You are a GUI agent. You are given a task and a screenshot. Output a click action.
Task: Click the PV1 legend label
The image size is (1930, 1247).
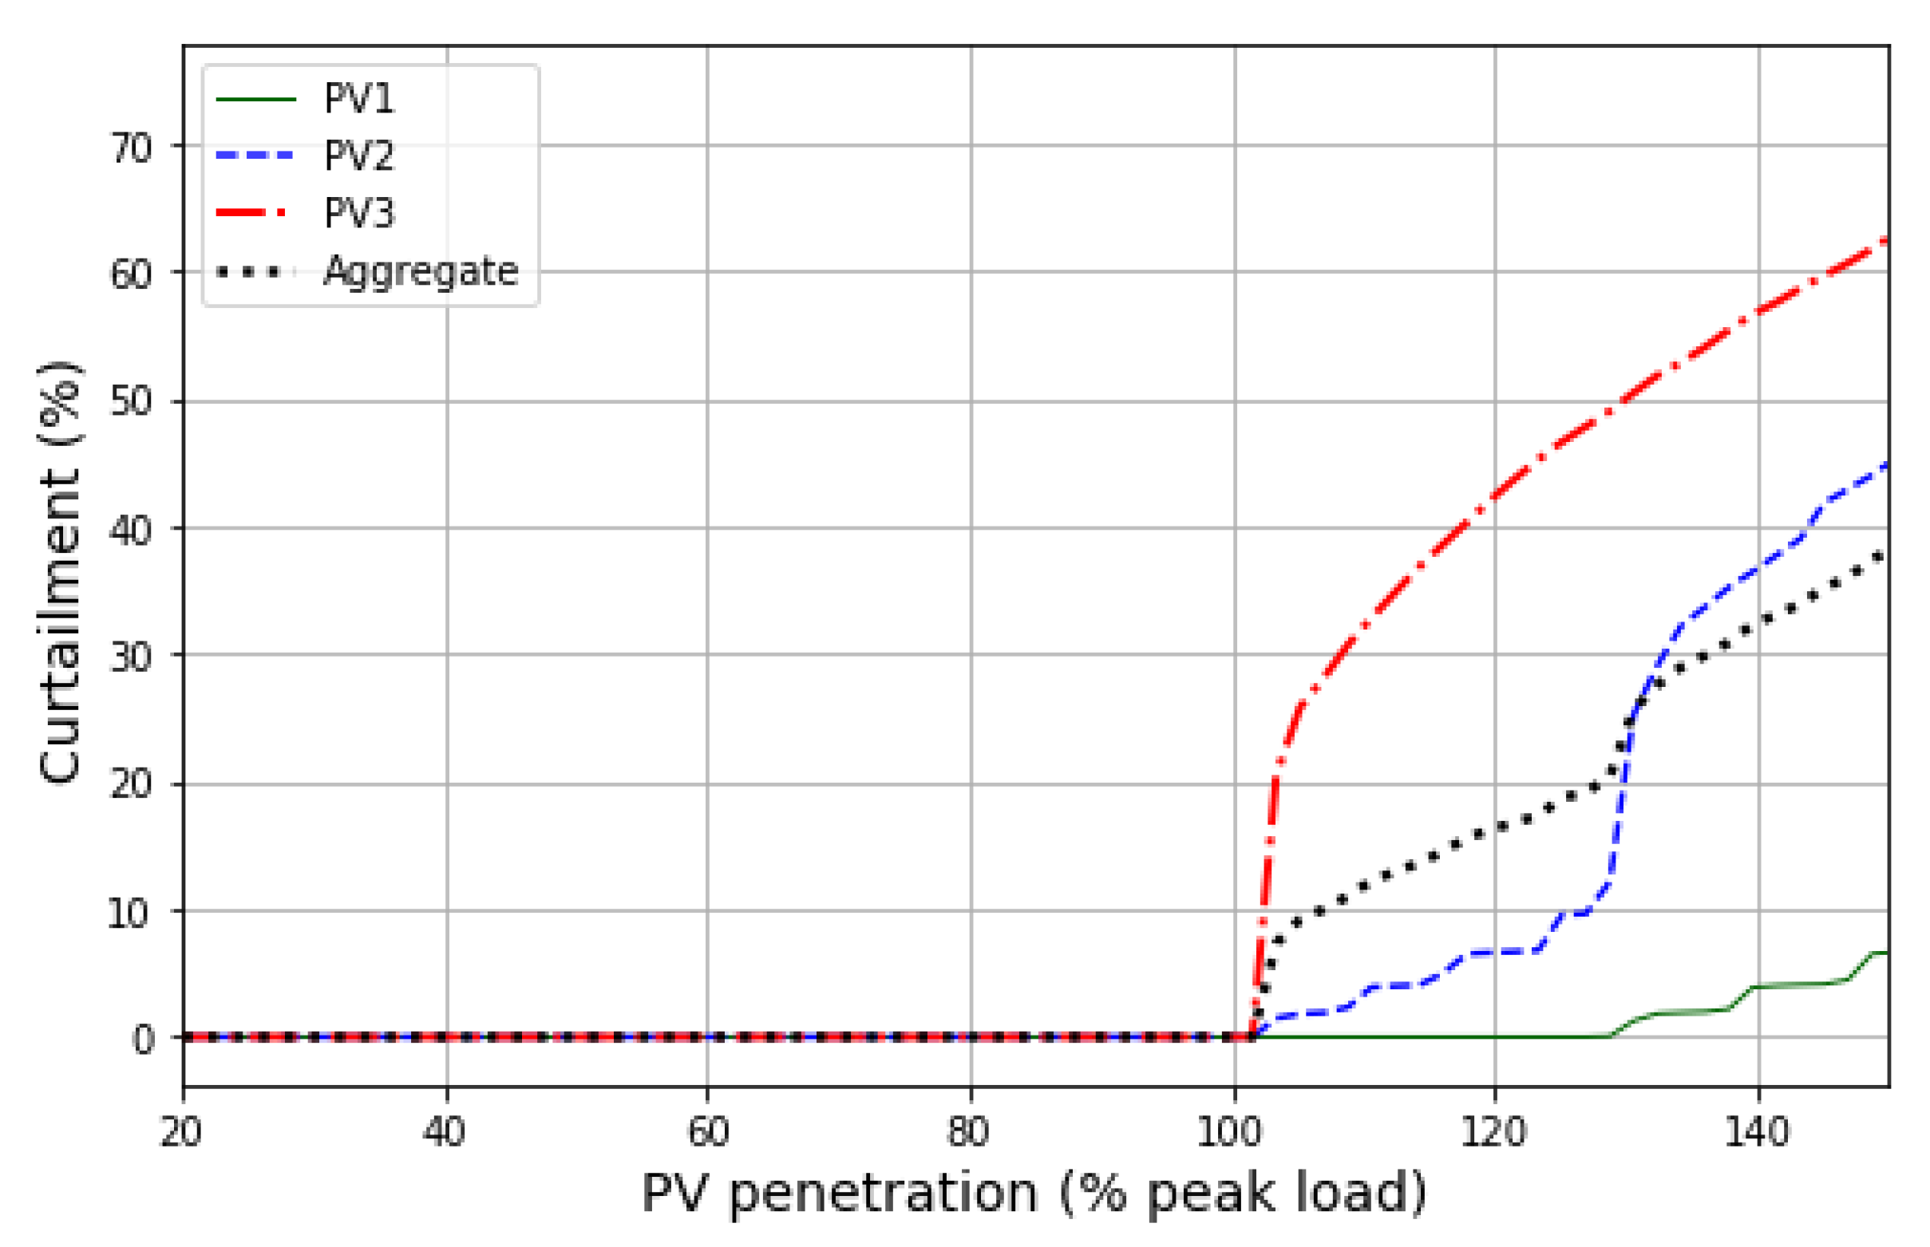click(359, 99)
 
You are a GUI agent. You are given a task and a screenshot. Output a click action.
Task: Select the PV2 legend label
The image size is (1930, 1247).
click(359, 156)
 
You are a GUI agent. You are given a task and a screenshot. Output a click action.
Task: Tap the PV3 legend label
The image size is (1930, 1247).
click(359, 214)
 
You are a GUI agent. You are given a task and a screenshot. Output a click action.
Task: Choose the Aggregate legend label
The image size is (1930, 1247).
click(421, 271)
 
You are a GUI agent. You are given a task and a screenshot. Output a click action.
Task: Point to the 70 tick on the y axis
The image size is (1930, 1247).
click(131, 148)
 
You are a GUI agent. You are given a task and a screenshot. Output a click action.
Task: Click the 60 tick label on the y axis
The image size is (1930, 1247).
click(131, 274)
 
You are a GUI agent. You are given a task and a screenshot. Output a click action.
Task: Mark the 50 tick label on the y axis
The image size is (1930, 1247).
click(131, 401)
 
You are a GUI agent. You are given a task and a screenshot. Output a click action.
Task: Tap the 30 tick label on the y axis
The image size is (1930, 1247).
click(131, 657)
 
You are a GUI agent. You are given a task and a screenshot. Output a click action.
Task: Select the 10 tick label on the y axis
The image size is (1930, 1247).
click(129, 914)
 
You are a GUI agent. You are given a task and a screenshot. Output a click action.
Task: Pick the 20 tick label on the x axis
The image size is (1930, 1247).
click(181, 1132)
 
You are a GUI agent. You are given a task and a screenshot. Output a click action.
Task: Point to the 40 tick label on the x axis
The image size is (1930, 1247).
click(445, 1132)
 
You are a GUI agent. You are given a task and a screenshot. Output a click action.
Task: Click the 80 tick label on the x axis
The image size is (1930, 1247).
click(970, 1132)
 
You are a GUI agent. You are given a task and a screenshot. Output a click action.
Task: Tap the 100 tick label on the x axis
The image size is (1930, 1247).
click(1230, 1132)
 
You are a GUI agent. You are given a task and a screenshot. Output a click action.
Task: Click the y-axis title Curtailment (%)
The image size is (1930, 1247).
click(60, 573)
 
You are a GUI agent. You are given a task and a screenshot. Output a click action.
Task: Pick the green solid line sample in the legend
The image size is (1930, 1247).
click(255, 100)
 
